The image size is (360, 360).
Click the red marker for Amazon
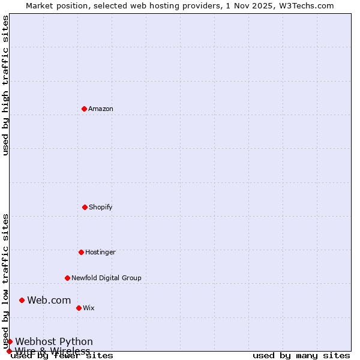[x=84, y=109]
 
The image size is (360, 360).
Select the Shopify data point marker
[x=85, y=207]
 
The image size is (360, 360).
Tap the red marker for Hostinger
[x=81, y=252]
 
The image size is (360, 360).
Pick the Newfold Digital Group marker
[x=67, y=278]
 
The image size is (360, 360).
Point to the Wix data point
[x=79, y=308]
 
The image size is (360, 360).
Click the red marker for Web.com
[x=22, y=300]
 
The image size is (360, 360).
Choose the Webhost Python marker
[x=10, y=341]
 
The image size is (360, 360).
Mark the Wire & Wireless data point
[x=9, y=351]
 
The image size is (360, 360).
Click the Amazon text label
[x=101, y=109]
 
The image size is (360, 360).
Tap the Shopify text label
[x=101, y=207]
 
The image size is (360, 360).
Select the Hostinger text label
[x=100, y=252]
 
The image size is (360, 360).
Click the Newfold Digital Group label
[x=106, y=278]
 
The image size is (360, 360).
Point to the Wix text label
[x=89, y=308]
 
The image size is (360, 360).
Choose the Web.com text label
[x=49, y=300]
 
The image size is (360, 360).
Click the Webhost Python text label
[x=54, y=341]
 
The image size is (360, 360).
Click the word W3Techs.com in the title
[x=310, y=5]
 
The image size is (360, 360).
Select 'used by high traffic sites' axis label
[x=5, y=85]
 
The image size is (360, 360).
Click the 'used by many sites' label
[x=301, y=355]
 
